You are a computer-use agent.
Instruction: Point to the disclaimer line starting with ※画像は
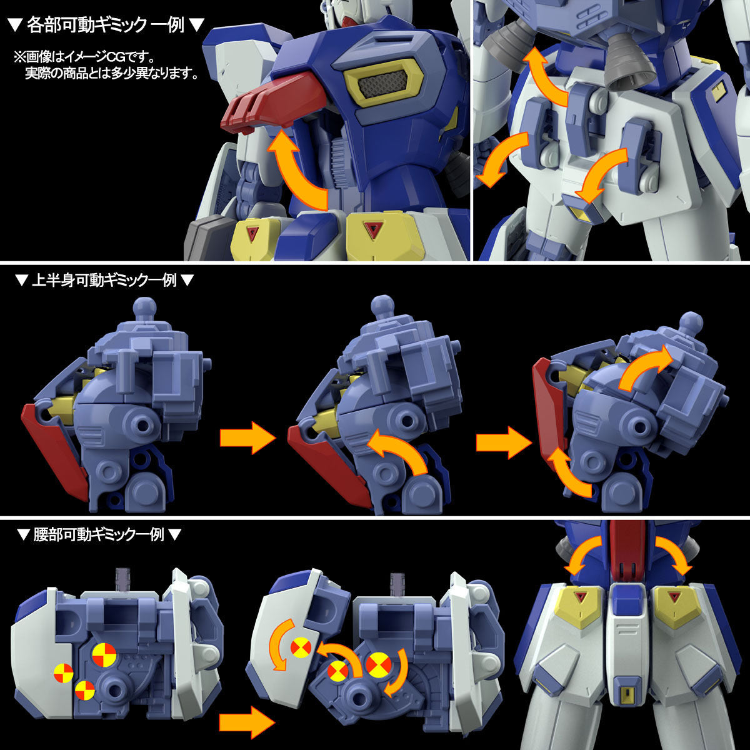click(87, 58)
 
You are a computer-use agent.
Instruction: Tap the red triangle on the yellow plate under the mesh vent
click(374, 229)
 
